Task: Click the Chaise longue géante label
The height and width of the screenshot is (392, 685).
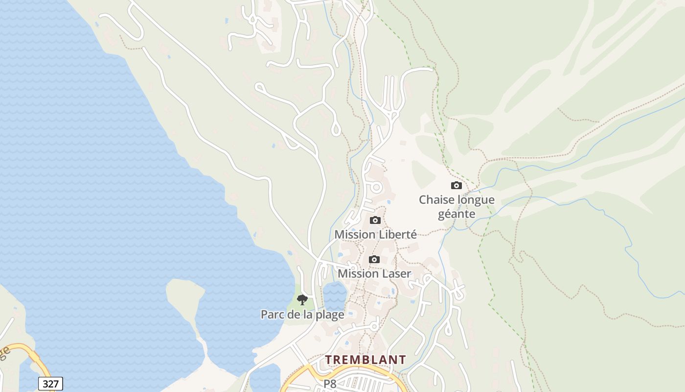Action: click(x=457, y=207)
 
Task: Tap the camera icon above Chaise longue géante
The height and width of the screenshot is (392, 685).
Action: click(x=456, y=185)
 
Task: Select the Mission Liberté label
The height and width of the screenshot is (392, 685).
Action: click(x=375, y=235)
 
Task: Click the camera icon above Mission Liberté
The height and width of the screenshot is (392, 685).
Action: click(x=375, y=220)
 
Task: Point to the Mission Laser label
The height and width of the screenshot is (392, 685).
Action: click(x=374, y=273)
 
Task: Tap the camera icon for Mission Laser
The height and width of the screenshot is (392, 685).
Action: click(x=374, y=259)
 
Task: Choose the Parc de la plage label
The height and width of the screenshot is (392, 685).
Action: click(x=302, y=315)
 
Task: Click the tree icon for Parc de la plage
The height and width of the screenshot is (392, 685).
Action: click(x=302, y=299)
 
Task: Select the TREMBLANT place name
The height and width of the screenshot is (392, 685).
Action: click(x=365, y=360)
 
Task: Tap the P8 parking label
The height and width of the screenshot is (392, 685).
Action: click(x=330, y=384)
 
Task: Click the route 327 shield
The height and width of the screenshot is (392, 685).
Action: click(x=50, y=384)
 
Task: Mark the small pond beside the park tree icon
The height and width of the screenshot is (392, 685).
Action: click(x=335, y=294)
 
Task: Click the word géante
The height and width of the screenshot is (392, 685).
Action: click(x=457, y=214)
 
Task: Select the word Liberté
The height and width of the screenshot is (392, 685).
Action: click(x=397, y=235)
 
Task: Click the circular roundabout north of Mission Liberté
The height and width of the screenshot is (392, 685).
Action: click(x=376, y=187)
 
